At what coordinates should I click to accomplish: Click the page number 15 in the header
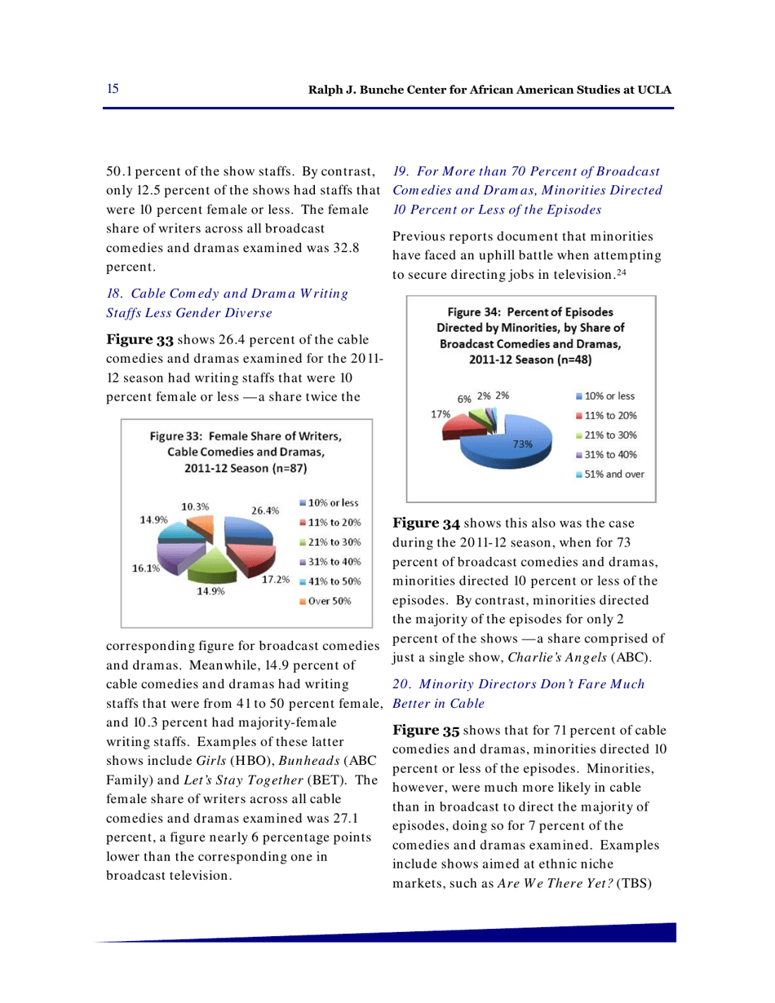point(113,87)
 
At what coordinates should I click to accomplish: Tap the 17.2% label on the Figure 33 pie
point(276,580)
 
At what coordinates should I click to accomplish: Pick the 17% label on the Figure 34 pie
point(441,413)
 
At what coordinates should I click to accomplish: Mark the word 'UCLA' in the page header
point(654,88)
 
